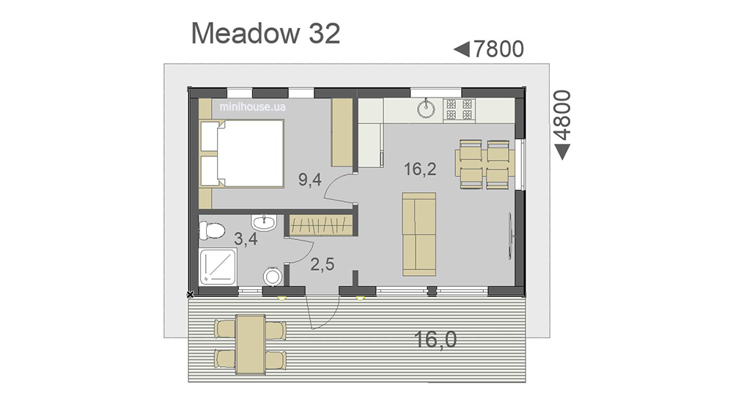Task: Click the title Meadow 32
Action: pyautogui.click(x=265, y=34)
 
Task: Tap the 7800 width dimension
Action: pyautogui.click(x=489, y=49)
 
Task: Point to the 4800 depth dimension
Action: pyautogui.click(x=562, y=125)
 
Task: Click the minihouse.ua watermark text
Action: pyautogui.click(x=252, y=106)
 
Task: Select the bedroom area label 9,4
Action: pyautogui.click(x=310, y=179)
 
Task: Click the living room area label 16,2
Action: pyautogui.click(x=420, y=169)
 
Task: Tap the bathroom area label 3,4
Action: pyautogui.click(x=246, y=239)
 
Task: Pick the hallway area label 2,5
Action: pyautogui.click(x=323, y=264)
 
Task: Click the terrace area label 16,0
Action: pyautogui.click(x=435, y=339)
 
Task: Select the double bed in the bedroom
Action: pyautogui.click(x=242, y=153)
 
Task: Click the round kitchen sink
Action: pyautogui.click(x=426, y=109)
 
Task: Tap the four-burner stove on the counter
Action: pyautogui.click(x=459, y=110)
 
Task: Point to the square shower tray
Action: pyautogui.click(x=218, y=266)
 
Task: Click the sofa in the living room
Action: pyautogui.click(x=419, y=234)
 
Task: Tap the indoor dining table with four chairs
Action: pyautogui.click(x=485, y=164)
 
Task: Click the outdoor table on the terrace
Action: pyautogui.click(x=251, y=344)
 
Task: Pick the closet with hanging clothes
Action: pyautogui.click(x=320, y=225)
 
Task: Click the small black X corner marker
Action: pyautogui.click(x=191, y=294)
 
